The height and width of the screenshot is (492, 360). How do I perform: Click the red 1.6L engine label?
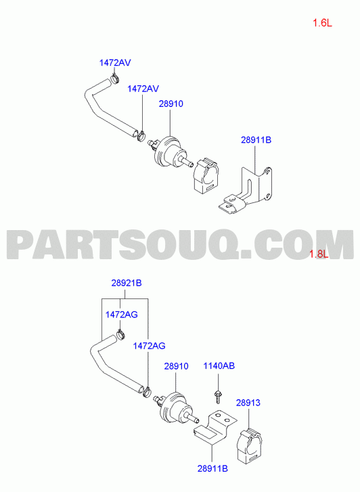[x=322, y=23]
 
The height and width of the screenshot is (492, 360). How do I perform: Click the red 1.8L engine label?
[x=319, y=254]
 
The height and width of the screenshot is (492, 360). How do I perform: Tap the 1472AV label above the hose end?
[x=115, y=63]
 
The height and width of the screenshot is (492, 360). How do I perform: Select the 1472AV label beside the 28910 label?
[x=143, y=89]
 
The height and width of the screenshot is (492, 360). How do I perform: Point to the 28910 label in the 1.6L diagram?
[x=171, y=104]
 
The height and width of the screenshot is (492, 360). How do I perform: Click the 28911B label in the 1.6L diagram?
[x=256, y=140]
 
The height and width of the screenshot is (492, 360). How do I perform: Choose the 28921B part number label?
[x=127, y=283]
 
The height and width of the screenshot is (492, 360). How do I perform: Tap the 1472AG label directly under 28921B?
[x=121, y=315]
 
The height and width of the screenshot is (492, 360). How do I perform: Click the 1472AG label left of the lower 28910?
[x=149, y=346]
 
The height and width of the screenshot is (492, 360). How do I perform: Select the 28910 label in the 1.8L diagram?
[x=176, y=366]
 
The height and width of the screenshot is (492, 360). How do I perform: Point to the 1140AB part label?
[x=219, y=366]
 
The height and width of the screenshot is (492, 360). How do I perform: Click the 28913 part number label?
[x=248, y=403]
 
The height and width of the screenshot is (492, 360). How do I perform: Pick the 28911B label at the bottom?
[x=212, y=468]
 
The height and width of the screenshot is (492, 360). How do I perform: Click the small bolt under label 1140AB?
[x=217, y=397]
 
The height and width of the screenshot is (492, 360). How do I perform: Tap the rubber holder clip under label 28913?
[x=249, y=447]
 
